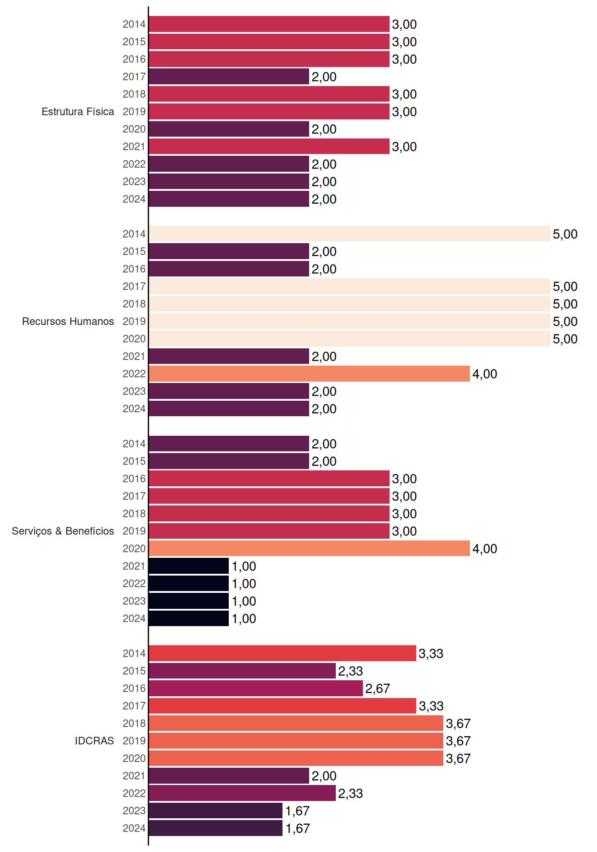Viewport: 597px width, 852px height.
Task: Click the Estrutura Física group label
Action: pos(78,111)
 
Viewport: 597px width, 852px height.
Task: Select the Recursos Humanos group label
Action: pos(68,321)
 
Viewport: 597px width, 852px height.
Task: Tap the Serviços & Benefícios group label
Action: pos(63,531)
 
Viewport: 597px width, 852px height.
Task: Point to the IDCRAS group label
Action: pos(94,741)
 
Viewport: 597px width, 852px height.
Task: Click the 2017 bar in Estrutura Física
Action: pos(229,76)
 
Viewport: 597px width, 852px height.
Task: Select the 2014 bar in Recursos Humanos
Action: pos(350,234)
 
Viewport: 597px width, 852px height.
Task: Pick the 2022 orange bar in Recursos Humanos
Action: pos(309,374)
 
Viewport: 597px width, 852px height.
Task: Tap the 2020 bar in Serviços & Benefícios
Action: pos(309,548)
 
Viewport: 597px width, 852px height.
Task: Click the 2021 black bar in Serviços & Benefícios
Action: pos(189,566)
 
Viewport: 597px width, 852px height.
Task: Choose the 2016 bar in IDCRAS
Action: pos(256,688)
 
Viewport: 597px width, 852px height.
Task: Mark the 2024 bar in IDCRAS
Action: pos(215,828)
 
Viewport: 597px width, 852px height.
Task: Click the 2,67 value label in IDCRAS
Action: pos(378,689)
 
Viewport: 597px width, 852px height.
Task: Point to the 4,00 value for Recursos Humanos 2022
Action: pos(485,374)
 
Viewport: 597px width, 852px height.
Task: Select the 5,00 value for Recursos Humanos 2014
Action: pos(565,234)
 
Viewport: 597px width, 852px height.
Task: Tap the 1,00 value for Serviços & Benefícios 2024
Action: pos(244,619)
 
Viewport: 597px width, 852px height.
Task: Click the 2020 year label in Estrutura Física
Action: pos(134,129)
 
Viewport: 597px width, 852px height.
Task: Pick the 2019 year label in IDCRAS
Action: pos(134,741)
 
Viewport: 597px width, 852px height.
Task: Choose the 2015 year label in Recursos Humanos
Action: pos(134,251)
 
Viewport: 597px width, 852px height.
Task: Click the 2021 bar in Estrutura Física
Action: pos(269,146)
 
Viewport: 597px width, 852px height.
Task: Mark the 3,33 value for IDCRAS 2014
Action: pos(431,654)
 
